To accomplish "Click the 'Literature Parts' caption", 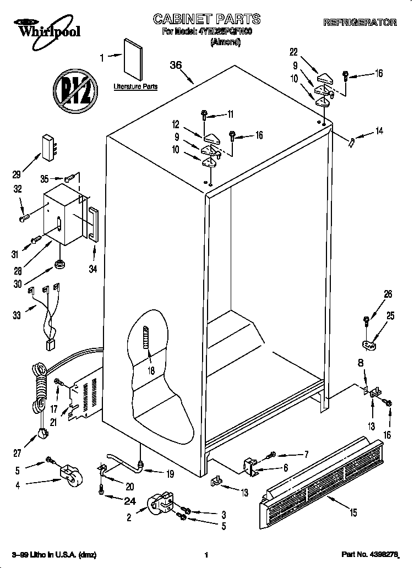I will pyautogui.click(x=135, y=86).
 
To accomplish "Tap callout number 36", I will pyautogui.click(x=176, y=65).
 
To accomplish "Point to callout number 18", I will pyautogui.click(x=150, y=371).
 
